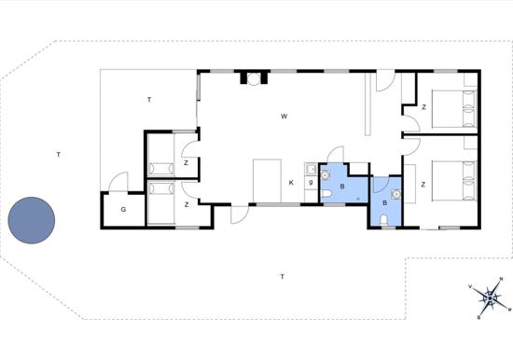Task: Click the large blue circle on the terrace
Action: (x=32, y=220)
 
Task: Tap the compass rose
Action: (x=490, y=298)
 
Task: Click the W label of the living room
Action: (x=284, y=117)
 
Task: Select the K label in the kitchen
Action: (x=291, y=183)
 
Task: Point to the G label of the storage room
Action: (x=123, y=210)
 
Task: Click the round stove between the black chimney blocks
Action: (x=254, y=78)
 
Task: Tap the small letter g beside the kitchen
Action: (x=311, y=182)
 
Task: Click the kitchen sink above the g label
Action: (x=311, y=169)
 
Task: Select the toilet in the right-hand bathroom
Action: (x=384, y=220)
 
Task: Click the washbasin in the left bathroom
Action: (x=326, y=175)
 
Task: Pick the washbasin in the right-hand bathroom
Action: (x=396, y=194)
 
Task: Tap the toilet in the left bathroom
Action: (x=326, y=195)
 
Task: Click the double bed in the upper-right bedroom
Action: (x=454, y=109)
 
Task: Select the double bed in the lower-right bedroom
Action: (x=454, y=180)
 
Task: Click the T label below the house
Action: (x=282, y=277)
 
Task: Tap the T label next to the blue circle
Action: (x=58, y=155)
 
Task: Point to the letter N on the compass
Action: (x=501, y=279)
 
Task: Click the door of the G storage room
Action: (x=118, y=182)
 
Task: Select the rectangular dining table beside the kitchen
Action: (x=268, y=181)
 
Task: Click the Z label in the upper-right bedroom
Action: (x=424, y=107)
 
